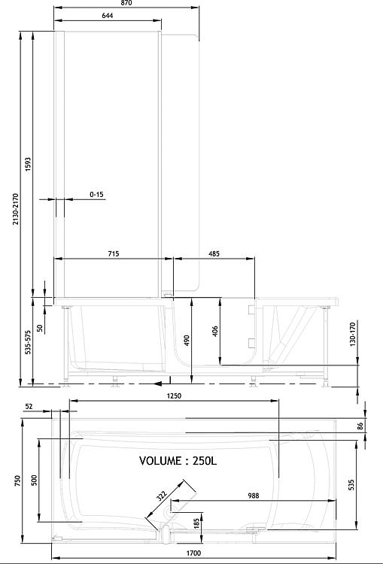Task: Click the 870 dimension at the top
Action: pos(126,3)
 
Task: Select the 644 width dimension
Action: pos(108,16)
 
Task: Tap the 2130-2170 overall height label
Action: pos(16,209)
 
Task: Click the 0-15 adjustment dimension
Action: pos(96,195)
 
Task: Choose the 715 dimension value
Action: pos(114,254)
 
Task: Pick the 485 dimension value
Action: pos(214,254)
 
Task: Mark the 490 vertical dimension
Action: pos(187,341)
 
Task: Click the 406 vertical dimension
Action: pos(215,332)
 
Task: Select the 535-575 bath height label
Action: pos(29,341)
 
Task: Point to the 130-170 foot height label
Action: pos(352,335)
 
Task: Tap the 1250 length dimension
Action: pos(174,396)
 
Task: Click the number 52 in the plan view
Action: pos(29,406)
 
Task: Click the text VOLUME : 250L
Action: pos(178,461)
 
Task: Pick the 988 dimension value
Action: pos(254,496)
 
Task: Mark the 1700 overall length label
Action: pos(193,553)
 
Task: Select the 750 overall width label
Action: pos(18,481)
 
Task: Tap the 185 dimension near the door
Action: pos(196,523)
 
